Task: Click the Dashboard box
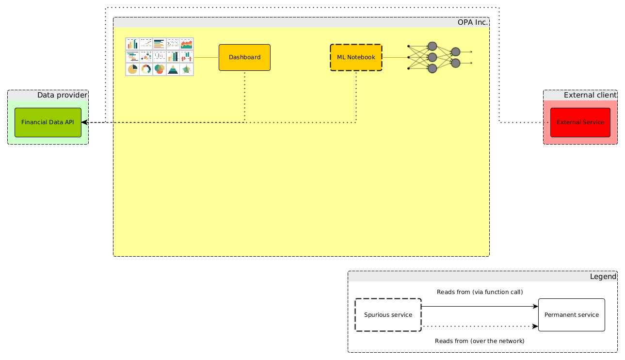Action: coord(244,57)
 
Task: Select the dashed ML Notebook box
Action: coord(356,57)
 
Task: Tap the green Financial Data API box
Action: coord(48,122)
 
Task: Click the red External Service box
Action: coord(580,122)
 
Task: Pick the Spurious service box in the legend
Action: coord(388,315)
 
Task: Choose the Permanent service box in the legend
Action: coord(571,315)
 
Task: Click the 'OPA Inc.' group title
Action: coord(472,22)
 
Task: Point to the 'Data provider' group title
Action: coord(62,95)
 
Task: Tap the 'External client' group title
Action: coord(590,95)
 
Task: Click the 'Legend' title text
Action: coord(603,277)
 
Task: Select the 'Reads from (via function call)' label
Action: coord(480,292)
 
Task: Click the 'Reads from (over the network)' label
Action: coord(480,341)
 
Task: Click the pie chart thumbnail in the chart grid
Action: coord(132,69)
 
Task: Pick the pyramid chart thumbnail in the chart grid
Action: coord(173,69)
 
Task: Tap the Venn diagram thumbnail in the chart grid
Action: coord(160,69)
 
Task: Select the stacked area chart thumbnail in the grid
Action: coord(187,44)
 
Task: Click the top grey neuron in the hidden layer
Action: coord(433,47)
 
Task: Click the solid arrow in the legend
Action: coord(480,307)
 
